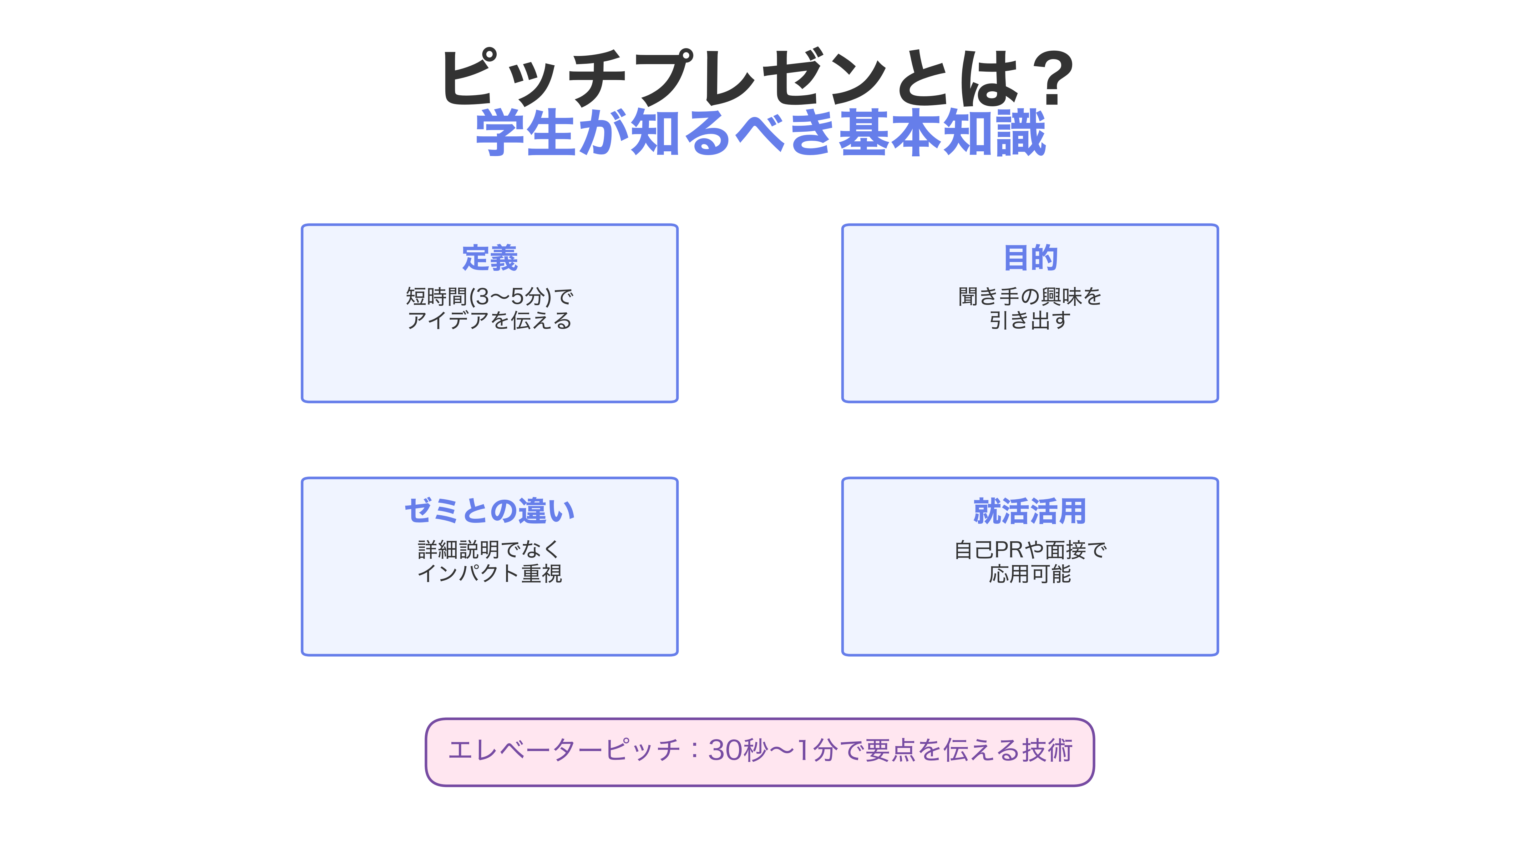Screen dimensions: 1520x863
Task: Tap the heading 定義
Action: (490, 258)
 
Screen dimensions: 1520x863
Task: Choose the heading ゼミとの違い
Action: (490, 511)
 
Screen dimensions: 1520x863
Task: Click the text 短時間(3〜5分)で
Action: (490, 296)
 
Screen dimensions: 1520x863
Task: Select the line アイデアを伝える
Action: (490, 321)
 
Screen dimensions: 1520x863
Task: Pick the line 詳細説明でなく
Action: (490, 549)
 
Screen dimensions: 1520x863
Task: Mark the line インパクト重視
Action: (490, 574)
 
